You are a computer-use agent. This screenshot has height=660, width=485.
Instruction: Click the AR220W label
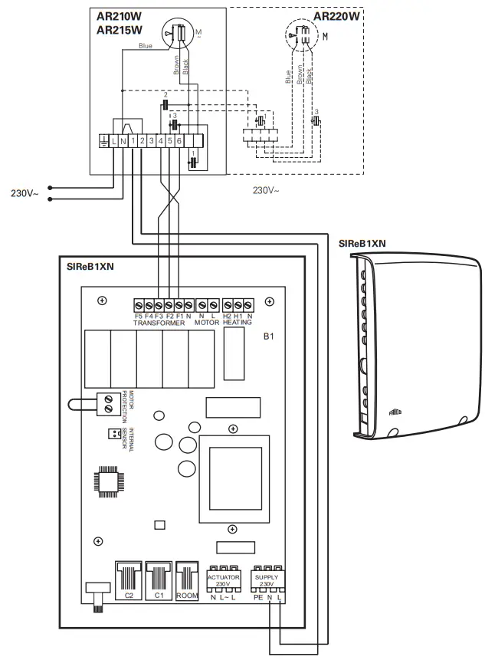pos(337,15)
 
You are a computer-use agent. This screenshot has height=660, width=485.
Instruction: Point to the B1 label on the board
pos(268,336)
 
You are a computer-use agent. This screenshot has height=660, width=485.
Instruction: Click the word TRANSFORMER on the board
pos(159,323)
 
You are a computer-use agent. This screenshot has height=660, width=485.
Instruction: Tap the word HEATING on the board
pos(237,323)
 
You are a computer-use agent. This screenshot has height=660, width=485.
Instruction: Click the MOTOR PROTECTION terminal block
pos(109,402)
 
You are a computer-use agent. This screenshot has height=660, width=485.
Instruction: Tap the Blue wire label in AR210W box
pos(145,47)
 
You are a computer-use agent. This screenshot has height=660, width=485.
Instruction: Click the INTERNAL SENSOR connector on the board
pos(113,434)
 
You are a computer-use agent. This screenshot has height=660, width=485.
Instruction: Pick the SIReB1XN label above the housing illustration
pos(362,243)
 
